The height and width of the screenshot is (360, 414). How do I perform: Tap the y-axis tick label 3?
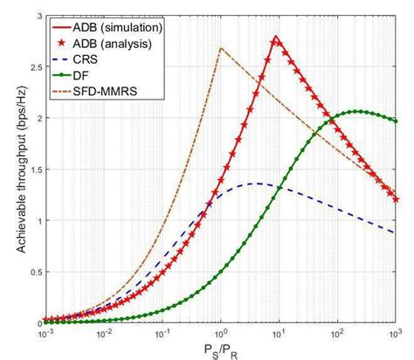coord(34,17)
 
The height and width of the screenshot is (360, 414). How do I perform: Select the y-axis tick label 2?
coord(34,119)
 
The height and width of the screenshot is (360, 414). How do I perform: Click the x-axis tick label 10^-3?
coord(43,334)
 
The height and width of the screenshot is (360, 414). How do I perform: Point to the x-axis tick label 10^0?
coord(220,334)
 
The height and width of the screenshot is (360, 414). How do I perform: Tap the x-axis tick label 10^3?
coord(396,334)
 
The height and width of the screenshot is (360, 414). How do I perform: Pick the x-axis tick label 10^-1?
coord(161,334)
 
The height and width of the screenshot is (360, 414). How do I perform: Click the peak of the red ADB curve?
coord(276,37)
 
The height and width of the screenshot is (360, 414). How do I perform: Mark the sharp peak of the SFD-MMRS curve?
coord(220,48)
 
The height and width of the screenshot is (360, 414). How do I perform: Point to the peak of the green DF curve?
coord(356,111)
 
